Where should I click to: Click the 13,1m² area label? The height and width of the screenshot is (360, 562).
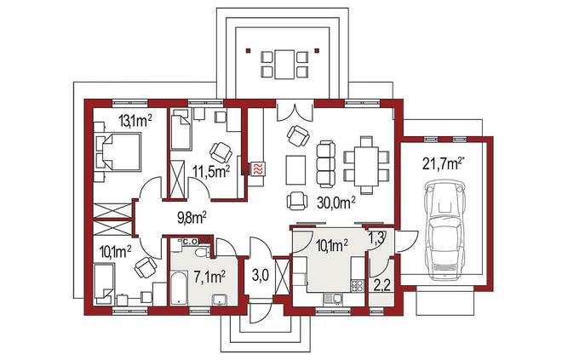pos(135,122)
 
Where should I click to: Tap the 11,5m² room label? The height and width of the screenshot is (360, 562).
pos(211,171)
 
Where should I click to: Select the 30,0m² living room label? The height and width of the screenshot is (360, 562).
pos(335,203)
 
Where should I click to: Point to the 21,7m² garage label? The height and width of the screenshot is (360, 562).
pos(442,163)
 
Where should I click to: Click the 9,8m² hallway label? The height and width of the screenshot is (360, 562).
pos(192,217)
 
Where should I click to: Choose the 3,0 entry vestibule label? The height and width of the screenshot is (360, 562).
pos(260,277)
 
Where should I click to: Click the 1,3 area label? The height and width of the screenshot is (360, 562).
pos(376,237)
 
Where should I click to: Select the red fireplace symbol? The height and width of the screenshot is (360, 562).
pos(258,169)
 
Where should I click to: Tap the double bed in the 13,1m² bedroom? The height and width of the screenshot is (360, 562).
pos(118,151)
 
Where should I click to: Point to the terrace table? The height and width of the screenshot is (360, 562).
pos(284,65)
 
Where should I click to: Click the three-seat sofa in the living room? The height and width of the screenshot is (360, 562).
pos(326,163)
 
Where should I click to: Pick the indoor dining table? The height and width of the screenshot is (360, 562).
pos(366,165)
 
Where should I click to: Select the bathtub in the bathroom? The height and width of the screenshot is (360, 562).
pos(178,289)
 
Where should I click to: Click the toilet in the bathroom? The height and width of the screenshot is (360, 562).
pos(204,252)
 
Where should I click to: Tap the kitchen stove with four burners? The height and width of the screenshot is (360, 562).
pos(357,285)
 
